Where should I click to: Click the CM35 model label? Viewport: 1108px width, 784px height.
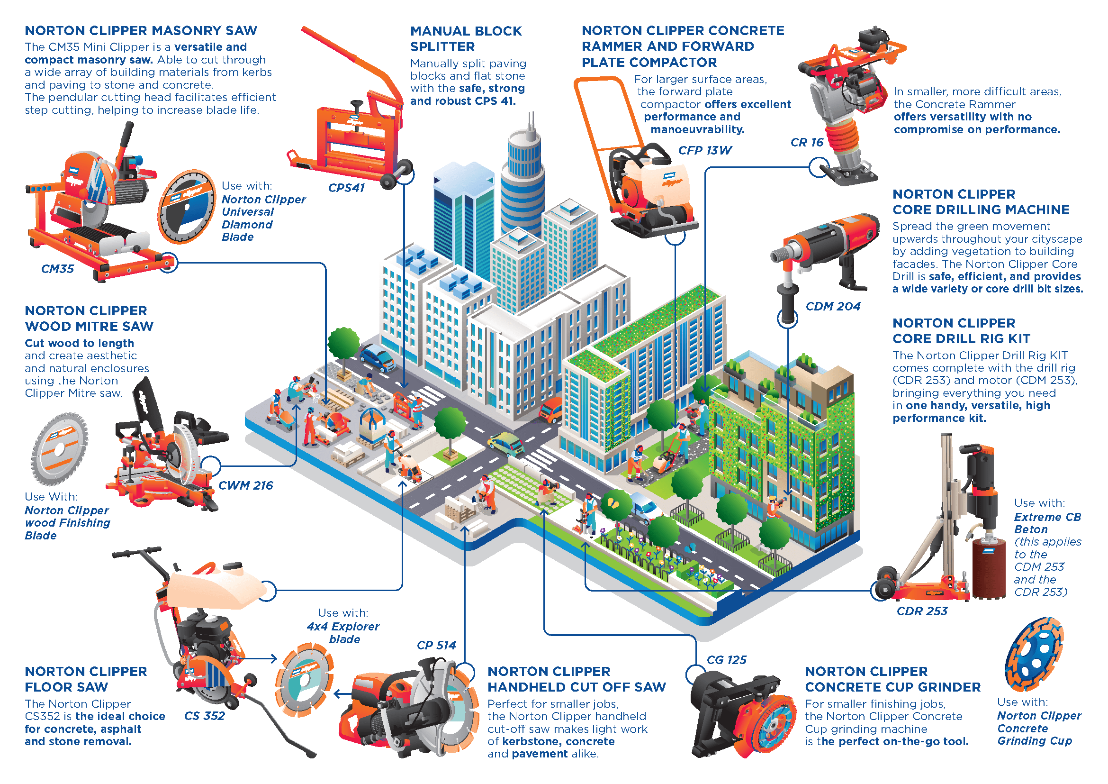coord(57,269)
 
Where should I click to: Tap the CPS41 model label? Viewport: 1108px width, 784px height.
coord(346,188)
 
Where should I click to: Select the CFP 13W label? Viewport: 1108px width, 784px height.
coord(705,151)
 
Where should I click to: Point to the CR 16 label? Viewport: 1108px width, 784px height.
coord(807,142)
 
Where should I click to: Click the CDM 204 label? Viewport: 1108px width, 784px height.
coord(833,307)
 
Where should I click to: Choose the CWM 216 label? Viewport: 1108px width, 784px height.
coord(246,486)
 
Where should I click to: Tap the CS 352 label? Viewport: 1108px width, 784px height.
coord(205,716)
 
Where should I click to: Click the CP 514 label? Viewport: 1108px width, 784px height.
coord(436,646)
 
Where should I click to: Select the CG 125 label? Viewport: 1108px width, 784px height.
coord(726,660)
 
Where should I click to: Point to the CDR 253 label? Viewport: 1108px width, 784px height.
coord(922,611)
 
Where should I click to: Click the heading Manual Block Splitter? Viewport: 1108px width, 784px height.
coord(466,39)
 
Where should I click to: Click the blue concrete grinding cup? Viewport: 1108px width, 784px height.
coord(1034,655)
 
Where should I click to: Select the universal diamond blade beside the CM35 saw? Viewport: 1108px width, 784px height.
coord(187,206)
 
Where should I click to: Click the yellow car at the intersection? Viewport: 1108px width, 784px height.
coord(506,444)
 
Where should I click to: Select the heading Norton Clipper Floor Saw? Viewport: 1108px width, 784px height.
coord(86,679)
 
